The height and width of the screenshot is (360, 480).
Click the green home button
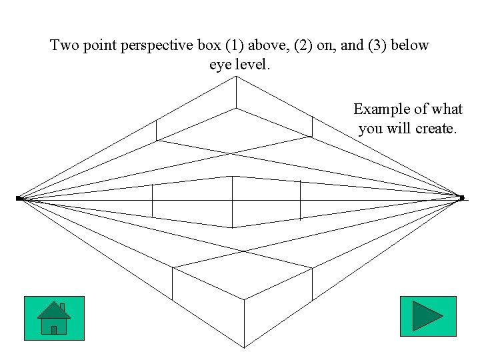click(x=54, y=318)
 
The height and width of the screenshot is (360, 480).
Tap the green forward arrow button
click(x=427, y=316)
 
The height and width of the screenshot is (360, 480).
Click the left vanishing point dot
click(x=19, y=198)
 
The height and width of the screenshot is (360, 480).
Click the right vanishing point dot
click(x=461, y=197)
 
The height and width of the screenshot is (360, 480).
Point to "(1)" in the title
click(x=235, y=46)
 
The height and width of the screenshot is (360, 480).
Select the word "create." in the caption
click(x=436, y=128)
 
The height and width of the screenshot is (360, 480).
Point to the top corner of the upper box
click(x=235, y=77)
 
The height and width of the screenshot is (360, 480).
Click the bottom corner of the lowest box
click(x=244, y=347)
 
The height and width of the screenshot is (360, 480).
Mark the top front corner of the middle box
click(x=232, y=177)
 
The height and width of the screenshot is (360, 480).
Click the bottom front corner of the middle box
click(x=232, y=227)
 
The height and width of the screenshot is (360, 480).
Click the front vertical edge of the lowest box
click(x=244, y=323)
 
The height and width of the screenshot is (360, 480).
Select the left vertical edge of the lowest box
click(x=173, y=283)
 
